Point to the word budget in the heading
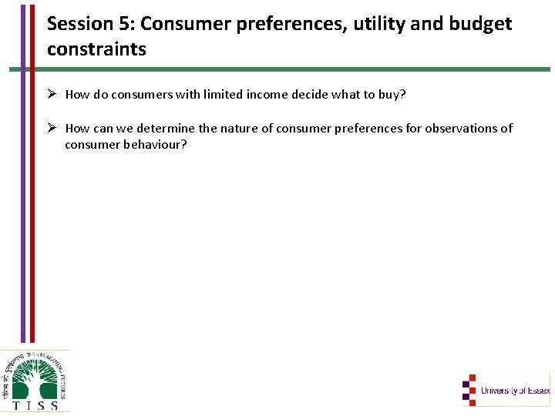point(482,24)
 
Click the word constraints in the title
point(96,49)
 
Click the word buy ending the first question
point(392,95)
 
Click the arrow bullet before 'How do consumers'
point(52,95)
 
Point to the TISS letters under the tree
point(34,405)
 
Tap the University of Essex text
point(515,391)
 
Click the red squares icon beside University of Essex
point(470,390)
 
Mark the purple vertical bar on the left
point(22,169)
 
